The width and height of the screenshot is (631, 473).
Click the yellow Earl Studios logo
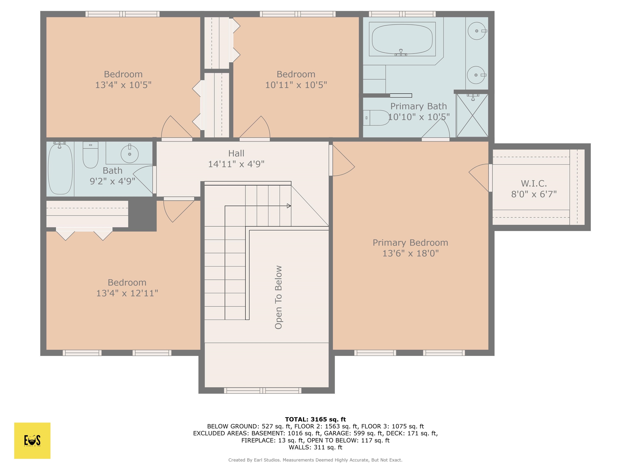click(x=32, y=441)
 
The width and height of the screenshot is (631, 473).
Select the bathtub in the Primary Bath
click(x=402, y=39)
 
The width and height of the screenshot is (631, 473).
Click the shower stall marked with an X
click(x=472, y=115)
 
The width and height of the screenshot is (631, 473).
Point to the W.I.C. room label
click(x=534, y=183)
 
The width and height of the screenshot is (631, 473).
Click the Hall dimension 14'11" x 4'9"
click(x=236, y=164)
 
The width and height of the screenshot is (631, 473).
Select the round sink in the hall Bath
click(x=130, y=154)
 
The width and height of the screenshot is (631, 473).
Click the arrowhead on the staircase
click(x=289, y=206)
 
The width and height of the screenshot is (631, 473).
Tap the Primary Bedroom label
click(x=410, y=243)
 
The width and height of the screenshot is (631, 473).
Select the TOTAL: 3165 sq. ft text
click(x=315, y=419)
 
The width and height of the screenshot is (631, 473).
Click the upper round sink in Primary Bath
click(x=476, y=31)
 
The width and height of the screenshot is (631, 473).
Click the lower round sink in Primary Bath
click(x=476, y=75)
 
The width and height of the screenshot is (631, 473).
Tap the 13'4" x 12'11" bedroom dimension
click(x=127, y=293)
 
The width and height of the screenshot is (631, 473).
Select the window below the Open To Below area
click(x=263, y=390)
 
